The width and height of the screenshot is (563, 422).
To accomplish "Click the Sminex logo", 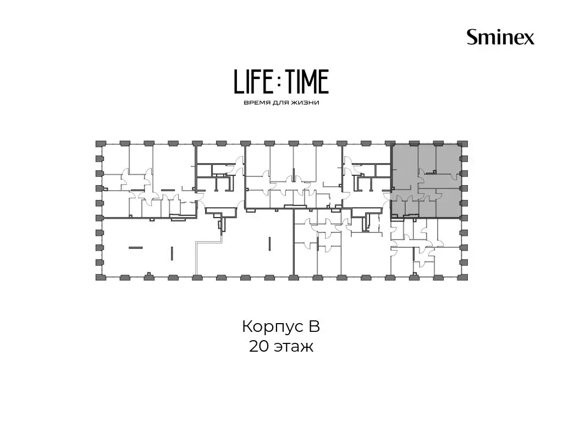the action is coord(500,37).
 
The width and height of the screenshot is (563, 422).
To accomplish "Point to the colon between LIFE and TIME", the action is coord(280,81).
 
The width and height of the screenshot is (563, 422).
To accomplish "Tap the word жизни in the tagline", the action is coord(305,103).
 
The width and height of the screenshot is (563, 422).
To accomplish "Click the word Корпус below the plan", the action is coord(271,327).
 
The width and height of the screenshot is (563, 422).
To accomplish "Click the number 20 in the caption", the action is coord(260,346).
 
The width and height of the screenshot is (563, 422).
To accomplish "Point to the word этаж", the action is coord(294,347).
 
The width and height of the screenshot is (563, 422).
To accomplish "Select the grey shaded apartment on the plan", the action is coord(426,181).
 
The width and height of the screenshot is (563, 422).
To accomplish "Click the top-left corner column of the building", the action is coord(99,144).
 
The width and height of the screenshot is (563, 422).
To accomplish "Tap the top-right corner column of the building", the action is coord(464,144).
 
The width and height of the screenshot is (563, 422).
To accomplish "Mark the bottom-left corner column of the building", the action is coord(99,277).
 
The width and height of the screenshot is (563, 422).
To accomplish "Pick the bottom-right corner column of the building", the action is coord(464,277).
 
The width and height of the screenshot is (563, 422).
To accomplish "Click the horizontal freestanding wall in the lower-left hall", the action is coord(135,247).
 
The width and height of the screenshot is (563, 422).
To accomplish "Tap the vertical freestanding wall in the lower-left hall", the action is coord(172,252).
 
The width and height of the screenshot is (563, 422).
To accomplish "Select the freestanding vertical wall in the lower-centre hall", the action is coord(269,243).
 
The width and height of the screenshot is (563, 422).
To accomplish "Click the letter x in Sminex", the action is coord(529,39).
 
